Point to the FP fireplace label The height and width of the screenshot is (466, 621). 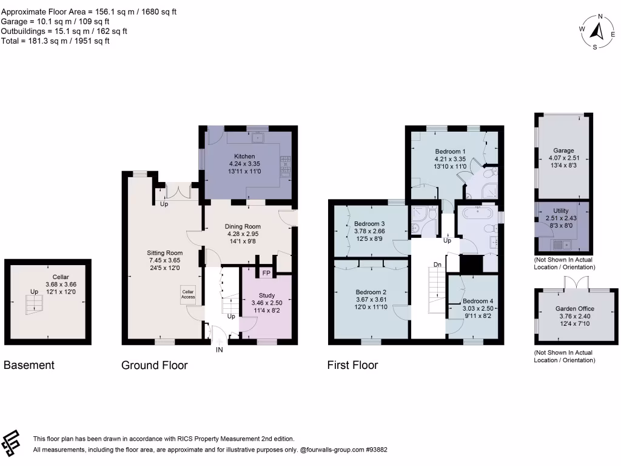click(x=266, y=273)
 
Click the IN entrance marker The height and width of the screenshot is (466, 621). click(x=220, y=349)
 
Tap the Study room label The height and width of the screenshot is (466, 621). click(x=267, y=295)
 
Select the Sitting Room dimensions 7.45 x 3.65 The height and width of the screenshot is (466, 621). click(x=165, y=260)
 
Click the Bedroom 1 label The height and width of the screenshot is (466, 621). click(x=450, y=152)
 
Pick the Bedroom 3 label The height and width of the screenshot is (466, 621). click(x=369, y=223)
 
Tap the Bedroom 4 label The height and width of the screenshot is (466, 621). click(x=478, y=301)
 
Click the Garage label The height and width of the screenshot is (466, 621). click(x=563, y=150)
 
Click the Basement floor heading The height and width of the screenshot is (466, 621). click(x=29, y=365)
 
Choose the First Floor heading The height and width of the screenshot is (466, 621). click(x=352, y=365)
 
